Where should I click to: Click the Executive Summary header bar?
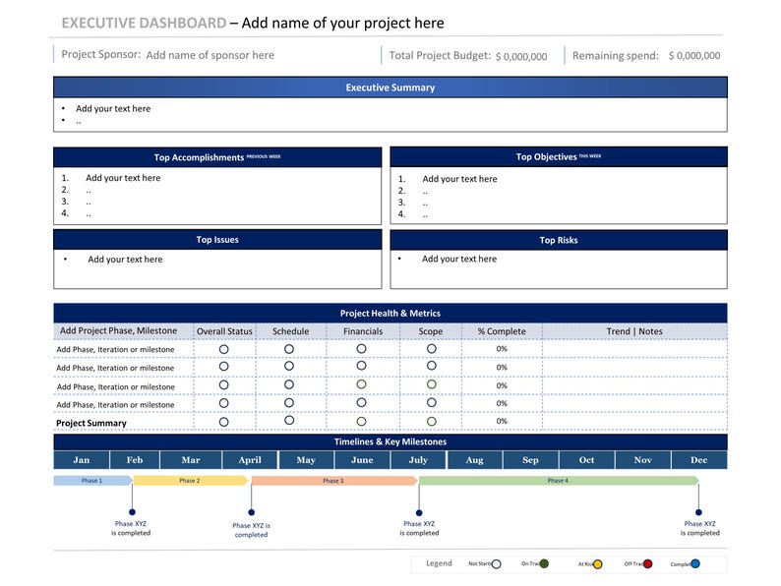pyautogui.click(x=390, y=88)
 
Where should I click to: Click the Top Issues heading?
pyautogui.click(x=216, y=240)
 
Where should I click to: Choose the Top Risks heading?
pyautogui.click(x=558, y=240)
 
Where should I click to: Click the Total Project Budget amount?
pyautogui.click(x=521, y=57)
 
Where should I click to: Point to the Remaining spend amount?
pyautogui.click(x=693, y=57)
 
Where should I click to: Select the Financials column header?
pyautogui.click(x=362, y=331)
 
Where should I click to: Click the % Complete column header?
pyautogui.click(x=502, y=331)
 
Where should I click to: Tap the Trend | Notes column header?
pyautogui.click(x=634, y=331)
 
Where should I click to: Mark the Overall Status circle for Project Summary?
pyautogui.click(x=224, y=422)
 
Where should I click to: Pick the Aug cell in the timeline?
pyautogui.click(x=474, y=460)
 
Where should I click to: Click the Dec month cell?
pyautogui.click(x=698, y=460)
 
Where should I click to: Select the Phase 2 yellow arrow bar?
pyautogui.click(x=190, y=481)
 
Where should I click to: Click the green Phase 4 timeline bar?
pyautogui.click(x=557, y=481)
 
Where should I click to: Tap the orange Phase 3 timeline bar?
pyautogui.click(x=333, y=481)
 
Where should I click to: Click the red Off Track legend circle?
pyautogui.click(x=648, y=564)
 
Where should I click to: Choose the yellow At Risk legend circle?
pyautogui.click(x=597, y=564)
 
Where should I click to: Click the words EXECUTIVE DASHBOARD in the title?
pyautogui.click(x=144, y=23)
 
